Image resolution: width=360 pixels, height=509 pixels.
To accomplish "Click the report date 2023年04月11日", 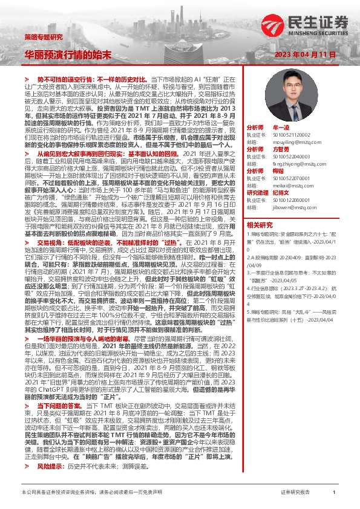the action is pos(305,54).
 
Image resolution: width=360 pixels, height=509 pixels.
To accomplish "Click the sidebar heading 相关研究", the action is pos(260,224).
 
